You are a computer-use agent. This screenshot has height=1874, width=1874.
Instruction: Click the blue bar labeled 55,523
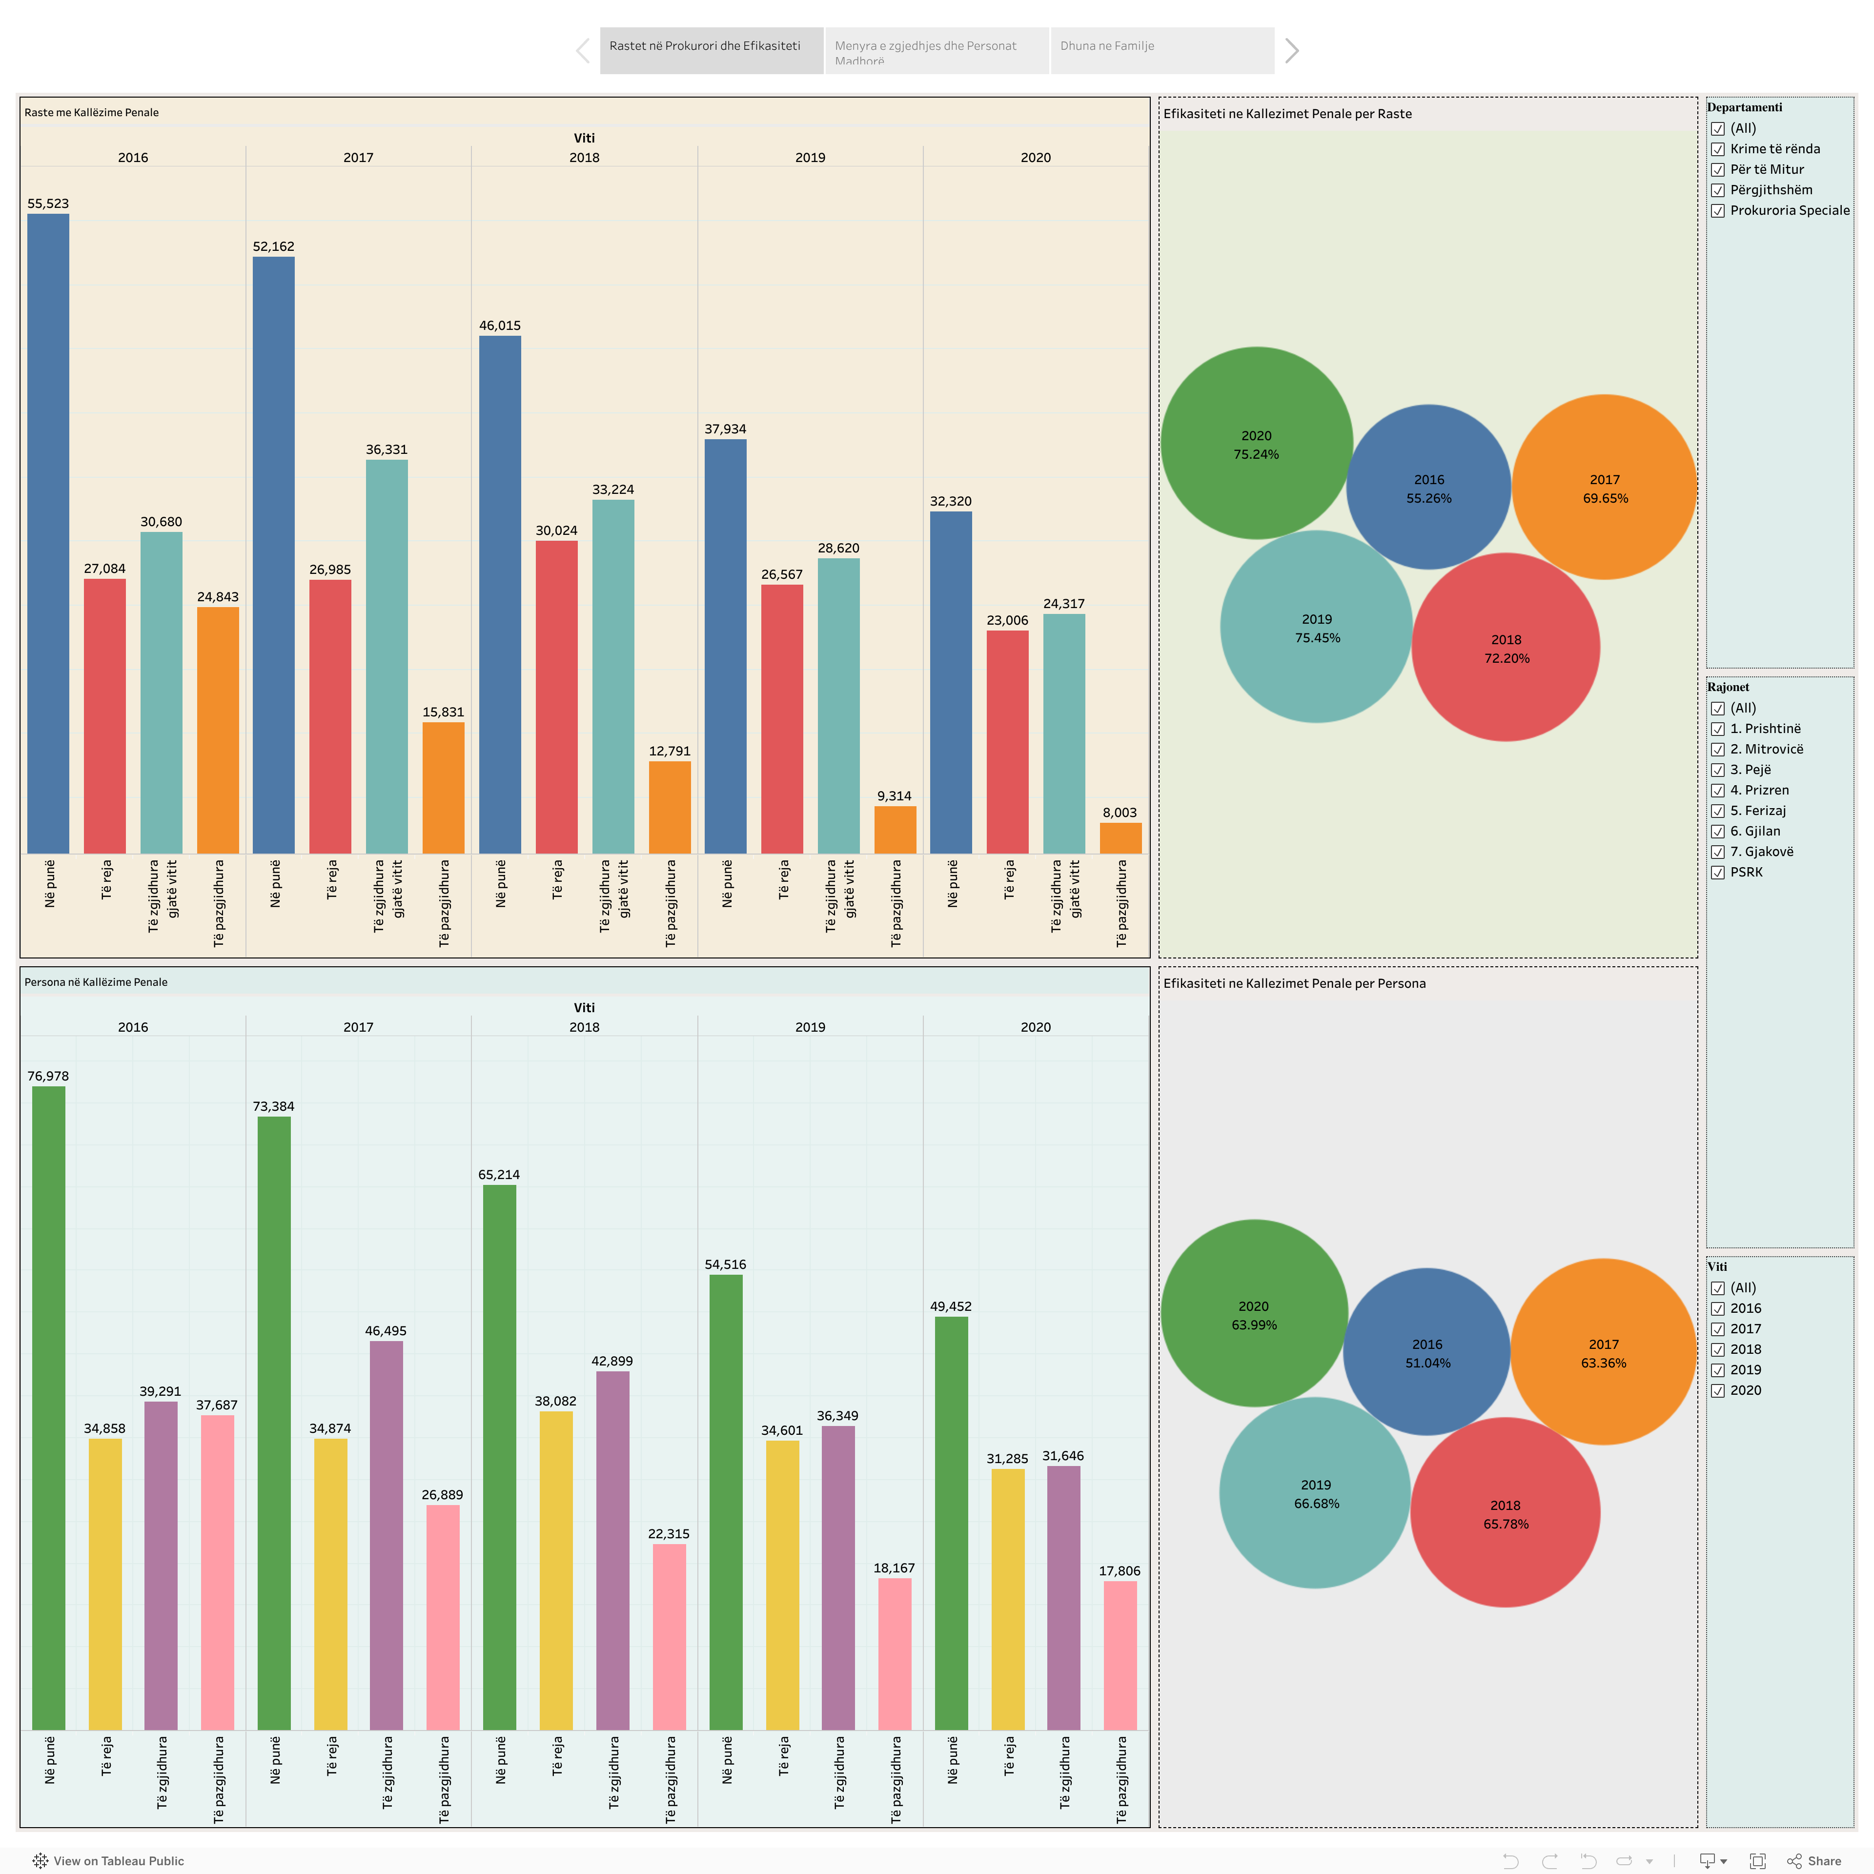pyautogui.click(x=48, y=533)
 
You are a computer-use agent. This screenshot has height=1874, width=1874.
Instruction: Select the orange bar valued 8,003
pyautogui.click(x=1120, y=838)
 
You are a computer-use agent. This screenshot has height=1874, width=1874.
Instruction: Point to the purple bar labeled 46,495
pyautogui.click(x=386, y=1535)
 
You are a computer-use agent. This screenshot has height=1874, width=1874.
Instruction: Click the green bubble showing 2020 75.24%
pyautogui.click(x=1256, y=443)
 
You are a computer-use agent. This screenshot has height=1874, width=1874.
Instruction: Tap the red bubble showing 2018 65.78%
pyautogui.click(x=1506, y=1513)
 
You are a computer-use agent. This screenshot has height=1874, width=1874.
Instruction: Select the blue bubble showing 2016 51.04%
pyautogui.click(x=1427, y=1352)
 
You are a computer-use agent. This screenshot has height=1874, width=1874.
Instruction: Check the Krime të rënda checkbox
pyautogui.click(x=1718, y=149)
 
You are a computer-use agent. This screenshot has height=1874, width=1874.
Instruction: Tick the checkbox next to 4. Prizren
pyautogui.click(x=1718, y=791)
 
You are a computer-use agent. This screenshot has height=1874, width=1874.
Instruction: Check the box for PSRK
pyautogui.click(x=1718, y=873)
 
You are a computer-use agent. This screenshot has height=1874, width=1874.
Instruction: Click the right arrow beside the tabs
pyautogui.click(x=1291, y=50)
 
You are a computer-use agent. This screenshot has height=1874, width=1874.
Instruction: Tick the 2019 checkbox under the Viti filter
pyautogui.click(x=1718, y=1370)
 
